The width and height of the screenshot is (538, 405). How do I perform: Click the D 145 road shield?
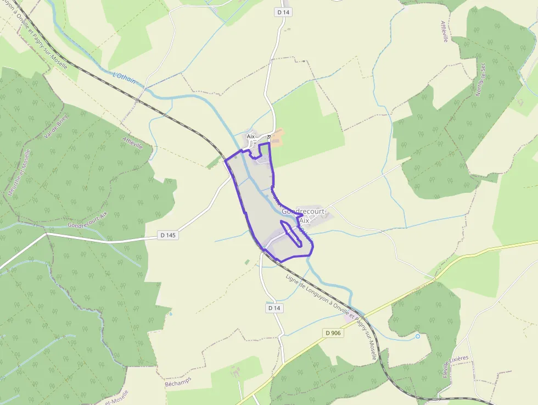tap(169, 235)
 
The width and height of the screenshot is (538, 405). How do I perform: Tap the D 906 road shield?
tap(333, 333)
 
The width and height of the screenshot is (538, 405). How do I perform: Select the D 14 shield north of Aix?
tap(283, 12)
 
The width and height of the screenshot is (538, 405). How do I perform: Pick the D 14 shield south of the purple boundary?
tap(275, 308)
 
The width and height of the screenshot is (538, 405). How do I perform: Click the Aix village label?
tap(251, 136)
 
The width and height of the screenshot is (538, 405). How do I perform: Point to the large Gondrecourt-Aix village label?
tap(304, 215)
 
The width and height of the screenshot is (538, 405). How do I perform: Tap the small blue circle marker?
tap(418, 336)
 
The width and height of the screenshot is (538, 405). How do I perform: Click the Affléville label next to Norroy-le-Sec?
tap(444, 31)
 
